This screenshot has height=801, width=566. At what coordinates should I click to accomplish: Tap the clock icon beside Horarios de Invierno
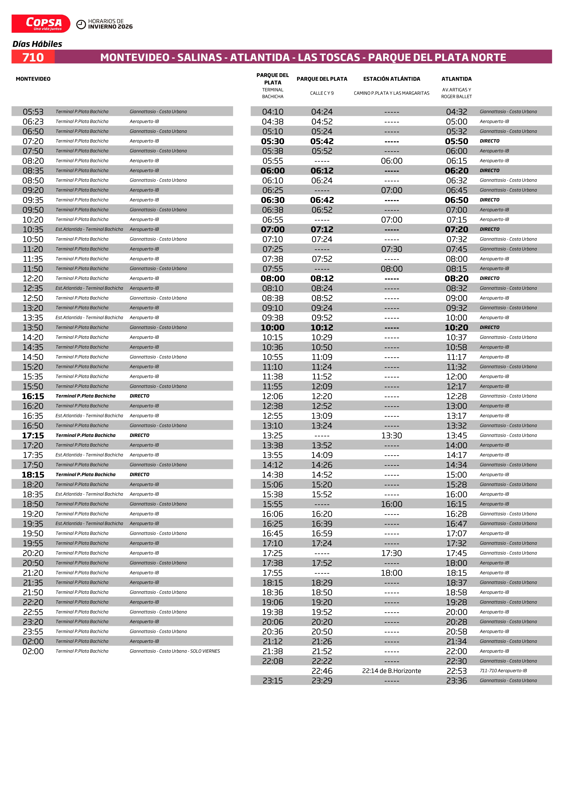coord(81,24)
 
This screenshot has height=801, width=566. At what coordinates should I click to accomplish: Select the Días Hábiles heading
coord(37,44)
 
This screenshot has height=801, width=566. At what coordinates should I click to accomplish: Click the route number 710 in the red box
coord(33,57)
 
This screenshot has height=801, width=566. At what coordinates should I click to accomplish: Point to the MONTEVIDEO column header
coord(33,79)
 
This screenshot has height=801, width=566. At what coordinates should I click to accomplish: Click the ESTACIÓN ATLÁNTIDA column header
coord(392,79)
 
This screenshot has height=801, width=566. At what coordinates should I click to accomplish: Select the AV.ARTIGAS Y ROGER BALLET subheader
coord(456,93)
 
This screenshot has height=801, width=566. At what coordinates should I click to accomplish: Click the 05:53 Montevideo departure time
coord(33,112)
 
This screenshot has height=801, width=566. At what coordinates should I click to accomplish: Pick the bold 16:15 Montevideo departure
coord(33,396)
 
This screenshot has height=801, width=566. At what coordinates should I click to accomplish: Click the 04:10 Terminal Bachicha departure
coord(273,112)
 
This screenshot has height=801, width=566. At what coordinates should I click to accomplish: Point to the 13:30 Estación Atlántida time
coord(392,435)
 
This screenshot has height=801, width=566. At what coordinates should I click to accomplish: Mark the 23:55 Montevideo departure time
coord(33,631)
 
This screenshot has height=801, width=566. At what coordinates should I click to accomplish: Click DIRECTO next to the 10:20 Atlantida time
coord(490,327)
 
